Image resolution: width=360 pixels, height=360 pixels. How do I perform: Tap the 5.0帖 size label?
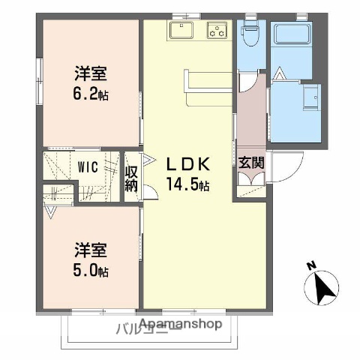[90, 270]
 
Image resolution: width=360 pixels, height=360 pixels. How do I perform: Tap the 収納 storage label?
[132, 180]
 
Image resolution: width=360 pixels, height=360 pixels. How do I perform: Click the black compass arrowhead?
[323, 288]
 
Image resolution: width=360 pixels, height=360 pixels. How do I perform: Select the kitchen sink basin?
[181, 31]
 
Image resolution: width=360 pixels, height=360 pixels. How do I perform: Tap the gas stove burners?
[217, 31]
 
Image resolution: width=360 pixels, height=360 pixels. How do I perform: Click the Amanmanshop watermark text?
[180, 324]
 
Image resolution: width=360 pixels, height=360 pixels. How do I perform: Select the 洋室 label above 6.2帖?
[90, 73]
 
